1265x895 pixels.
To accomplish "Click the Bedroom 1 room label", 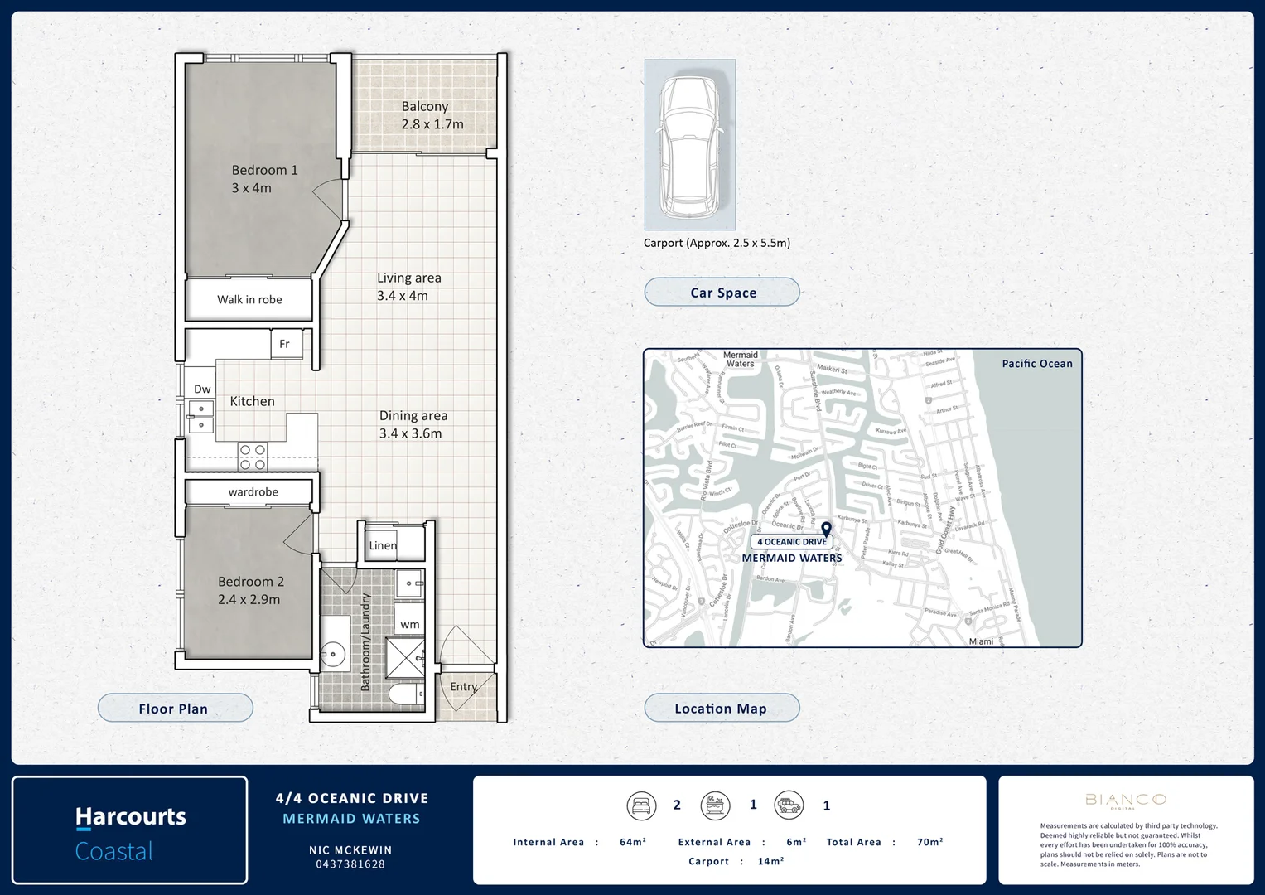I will (264, 171).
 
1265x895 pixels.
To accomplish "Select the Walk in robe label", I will (249, 300).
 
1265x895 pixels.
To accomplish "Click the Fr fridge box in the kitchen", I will (285, 344).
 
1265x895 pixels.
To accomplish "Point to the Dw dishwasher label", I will (202, 389).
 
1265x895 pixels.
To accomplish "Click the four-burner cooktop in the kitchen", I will (253, 457).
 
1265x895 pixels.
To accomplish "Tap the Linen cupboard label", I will (383, 545).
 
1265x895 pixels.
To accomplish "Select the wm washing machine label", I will (409, 624).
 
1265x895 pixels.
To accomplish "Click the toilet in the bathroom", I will (406, 693).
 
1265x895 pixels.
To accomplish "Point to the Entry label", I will (464, 686).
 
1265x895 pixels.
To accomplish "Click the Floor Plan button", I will (175, 709).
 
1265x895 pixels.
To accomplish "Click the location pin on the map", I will (826, 529).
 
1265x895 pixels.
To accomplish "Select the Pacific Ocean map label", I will (1036, 364).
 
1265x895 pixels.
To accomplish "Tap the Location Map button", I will (722, 709).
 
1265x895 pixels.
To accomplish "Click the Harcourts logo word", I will (131, 817).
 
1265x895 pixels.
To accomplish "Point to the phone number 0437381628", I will (350, 864).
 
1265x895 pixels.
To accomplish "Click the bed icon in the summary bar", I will (640, 805).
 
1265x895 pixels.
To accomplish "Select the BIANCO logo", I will (1125, 800).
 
